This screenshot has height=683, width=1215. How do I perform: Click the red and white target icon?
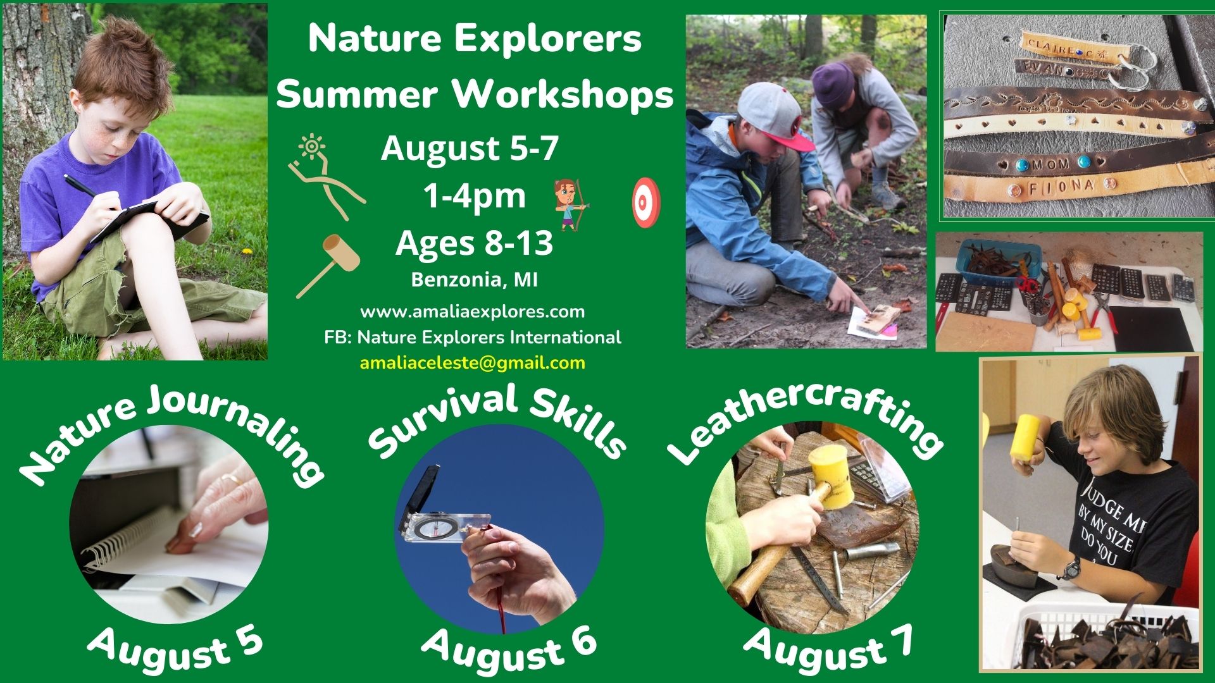[646, 204]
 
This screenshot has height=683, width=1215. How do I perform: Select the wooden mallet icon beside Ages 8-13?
[328, 265]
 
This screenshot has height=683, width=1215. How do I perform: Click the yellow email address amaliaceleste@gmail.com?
[473, 363]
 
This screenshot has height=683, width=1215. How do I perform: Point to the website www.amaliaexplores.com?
[473, 311]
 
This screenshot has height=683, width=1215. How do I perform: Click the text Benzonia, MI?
[475, 280]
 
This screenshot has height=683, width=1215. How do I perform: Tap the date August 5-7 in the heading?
[470, 149]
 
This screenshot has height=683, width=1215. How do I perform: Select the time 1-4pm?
[475, 196]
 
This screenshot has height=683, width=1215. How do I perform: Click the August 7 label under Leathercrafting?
[829, 648]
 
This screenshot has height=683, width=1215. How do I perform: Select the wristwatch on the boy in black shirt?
[1071, 567]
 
